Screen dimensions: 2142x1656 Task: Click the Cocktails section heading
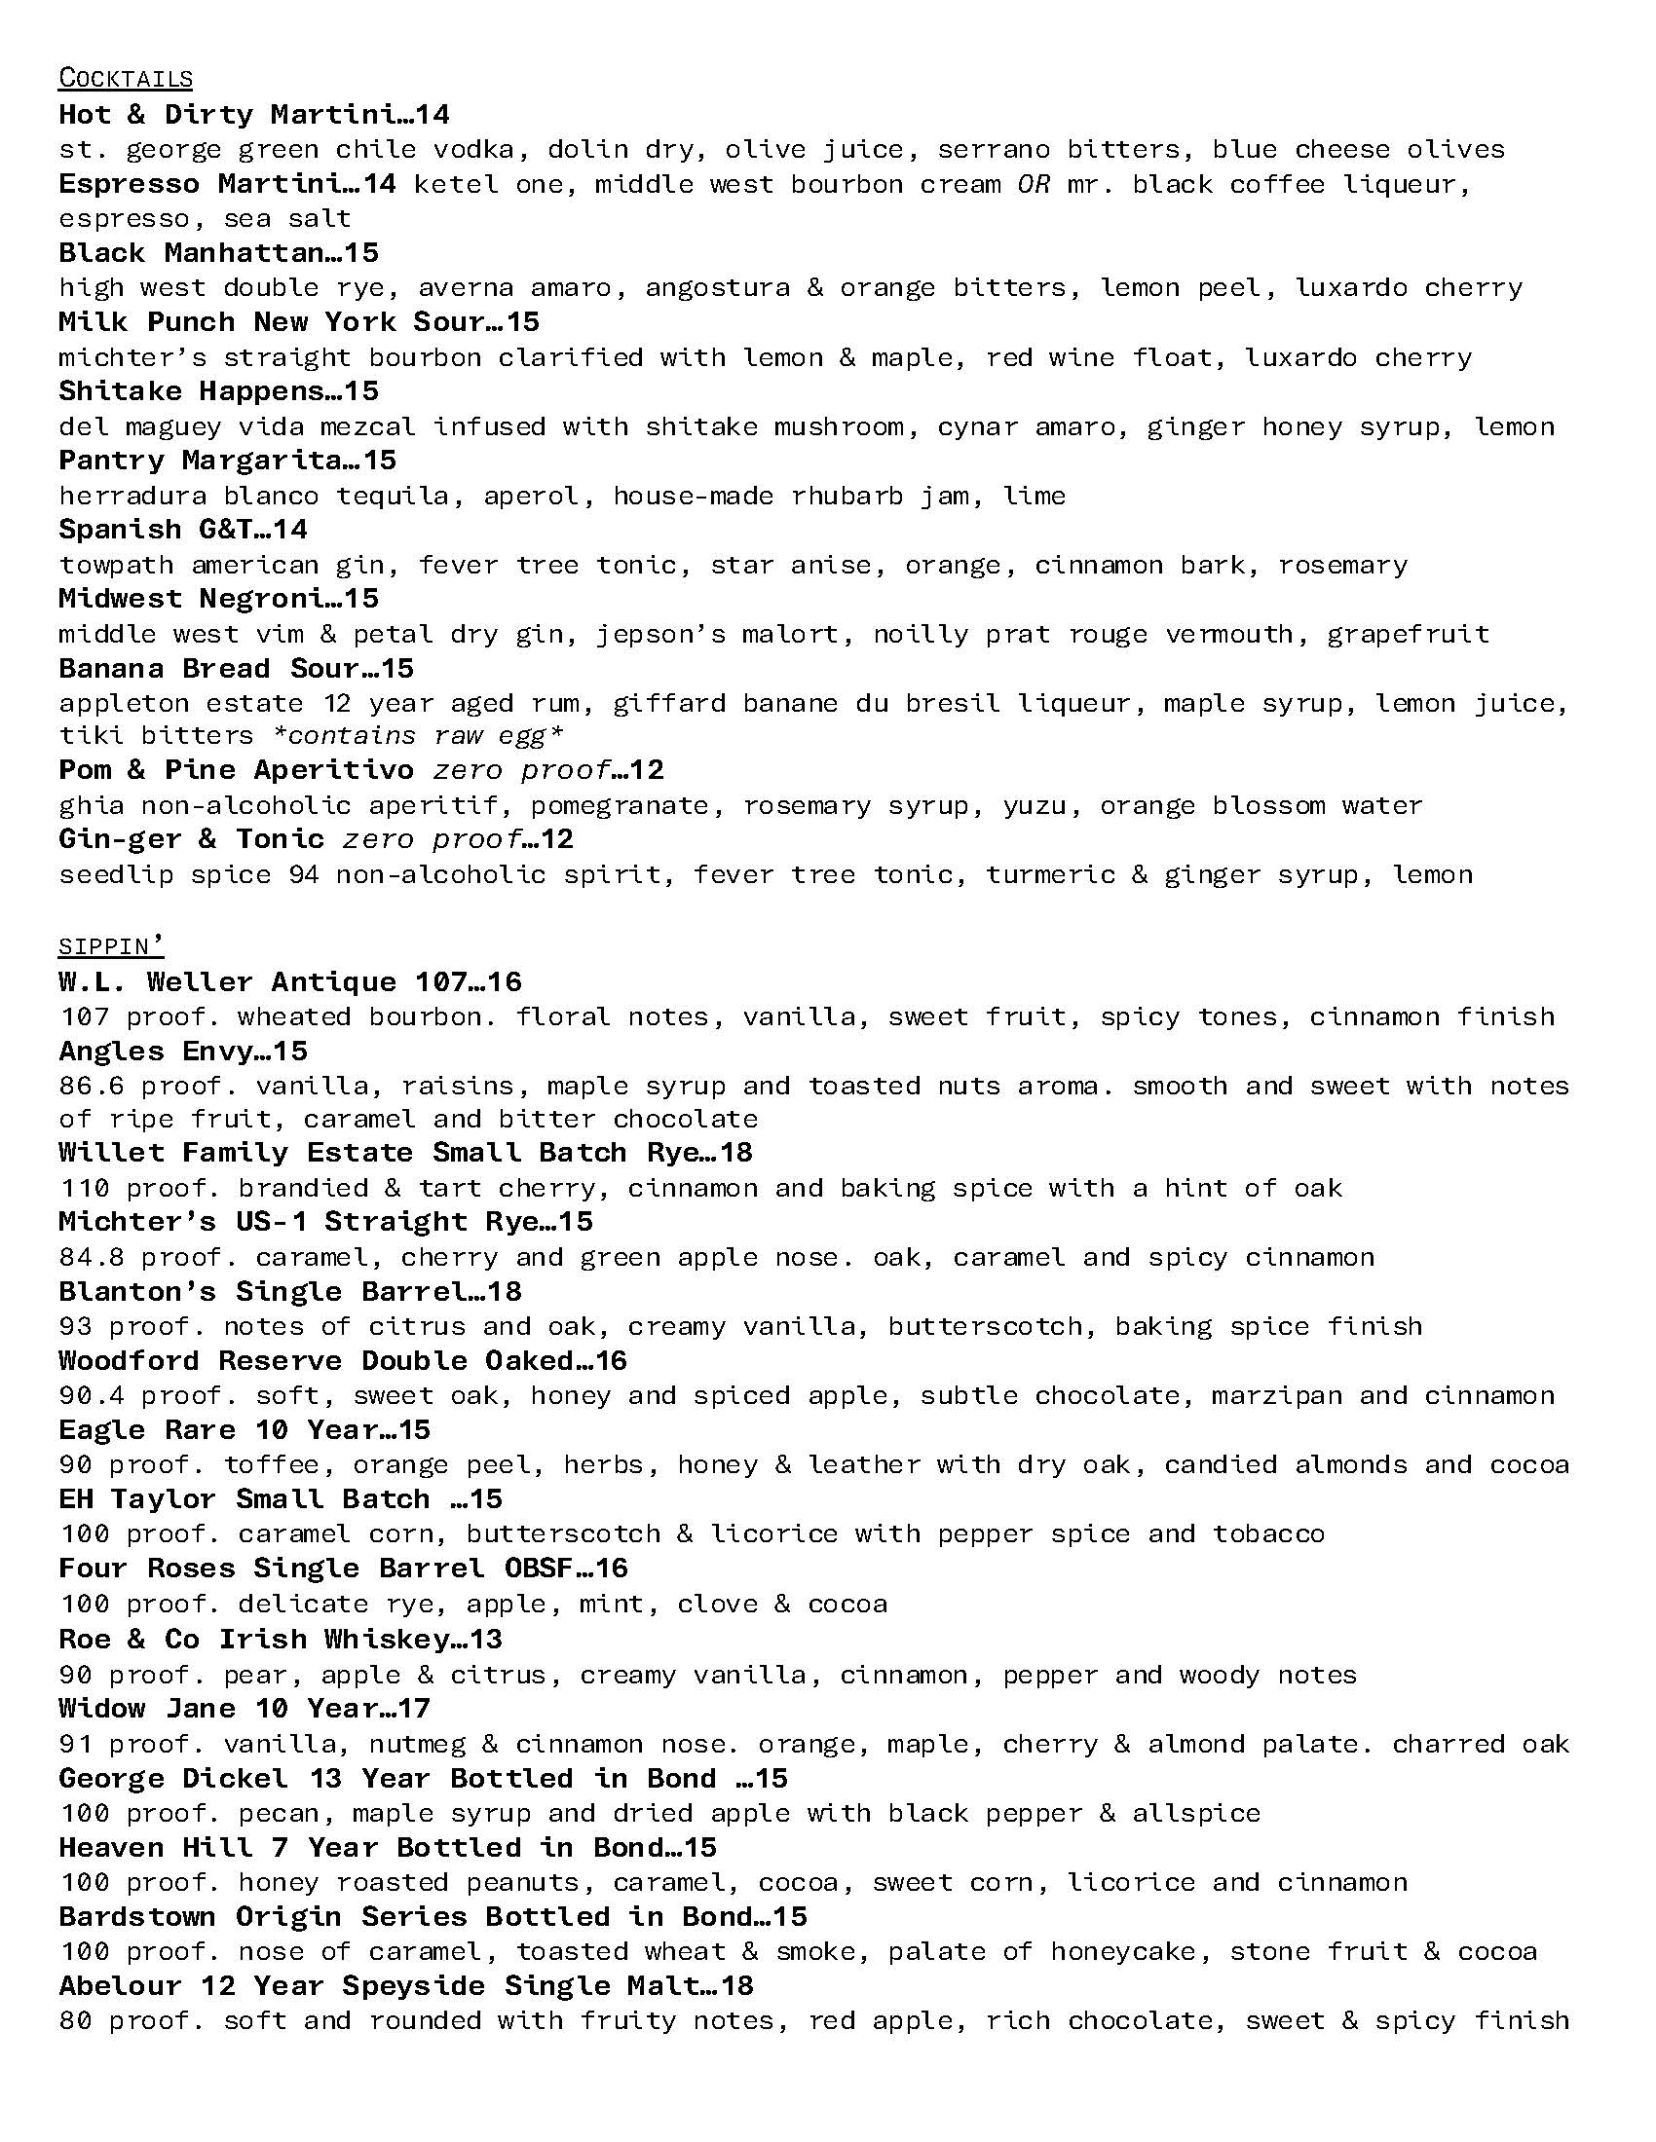pyautogui.click(x=126, y=79)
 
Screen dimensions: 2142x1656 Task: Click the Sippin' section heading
pyautogui.click(x=111, y=946)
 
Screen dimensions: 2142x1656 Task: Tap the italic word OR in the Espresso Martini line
pyautogui.click(x=1033, y=183)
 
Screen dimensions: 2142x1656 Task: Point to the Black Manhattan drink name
pyautogui.click(x=192, y=253)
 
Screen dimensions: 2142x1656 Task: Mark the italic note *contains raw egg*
pyautogui.click(x=418, y=735)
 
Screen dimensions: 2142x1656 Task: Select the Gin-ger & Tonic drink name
pyautogui.click(x=191, y=839)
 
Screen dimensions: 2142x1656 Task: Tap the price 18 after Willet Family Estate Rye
pyautogui.click(x=735, y=1153)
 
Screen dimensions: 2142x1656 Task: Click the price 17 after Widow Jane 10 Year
pyautogui.click(x=415, y=1709)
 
